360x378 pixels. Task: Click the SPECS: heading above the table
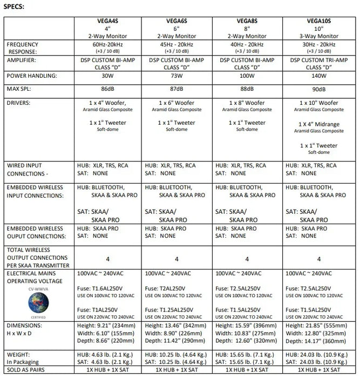[14, 8]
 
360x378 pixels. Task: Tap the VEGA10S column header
[319, 22]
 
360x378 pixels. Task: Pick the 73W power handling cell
[177, 76]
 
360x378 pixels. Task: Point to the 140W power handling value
[319, 76]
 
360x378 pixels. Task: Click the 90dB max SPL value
[319, 89]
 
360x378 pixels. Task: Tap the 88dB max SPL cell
[247, 89]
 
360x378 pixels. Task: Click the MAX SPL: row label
[21, 89]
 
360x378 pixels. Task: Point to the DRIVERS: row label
[21, 102]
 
